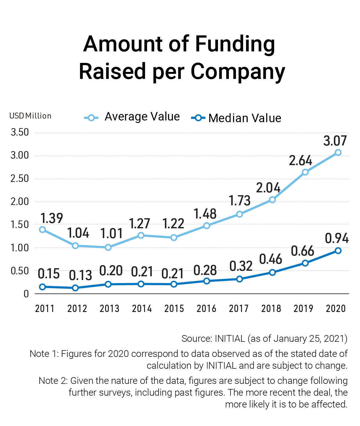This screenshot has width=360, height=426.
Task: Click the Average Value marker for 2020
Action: click(x=338, y=152)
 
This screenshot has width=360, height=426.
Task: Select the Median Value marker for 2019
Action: click(x=305, y=263)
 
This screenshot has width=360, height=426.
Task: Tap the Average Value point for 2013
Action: click(x=108, y=247)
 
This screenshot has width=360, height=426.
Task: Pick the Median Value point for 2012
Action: click(x=75, y=288)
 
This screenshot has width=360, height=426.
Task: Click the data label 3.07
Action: click(x=335, y=141)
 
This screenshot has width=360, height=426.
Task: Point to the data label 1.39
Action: click(x=52, y=218)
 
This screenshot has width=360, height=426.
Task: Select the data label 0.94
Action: click(x=337, y=238)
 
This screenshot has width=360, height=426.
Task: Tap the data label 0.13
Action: click(x=80, y=275)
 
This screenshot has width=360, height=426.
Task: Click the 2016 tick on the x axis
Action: click(x=206, y=309)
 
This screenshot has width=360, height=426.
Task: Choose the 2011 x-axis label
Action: click(x=45, y=309)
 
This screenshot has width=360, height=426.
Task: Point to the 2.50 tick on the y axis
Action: click(x=20, y=179)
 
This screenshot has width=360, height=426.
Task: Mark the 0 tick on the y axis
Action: click(x=26, y=294)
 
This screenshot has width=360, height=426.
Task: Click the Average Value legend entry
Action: click(x=132, y=117)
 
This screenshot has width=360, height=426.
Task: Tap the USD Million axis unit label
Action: click(x=30, y=116)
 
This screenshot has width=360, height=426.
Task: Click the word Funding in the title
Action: click(x=235, y=44)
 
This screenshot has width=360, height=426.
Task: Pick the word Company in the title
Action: click(x=238, y=72)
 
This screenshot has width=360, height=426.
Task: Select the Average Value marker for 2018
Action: click(x=272, y=200)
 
